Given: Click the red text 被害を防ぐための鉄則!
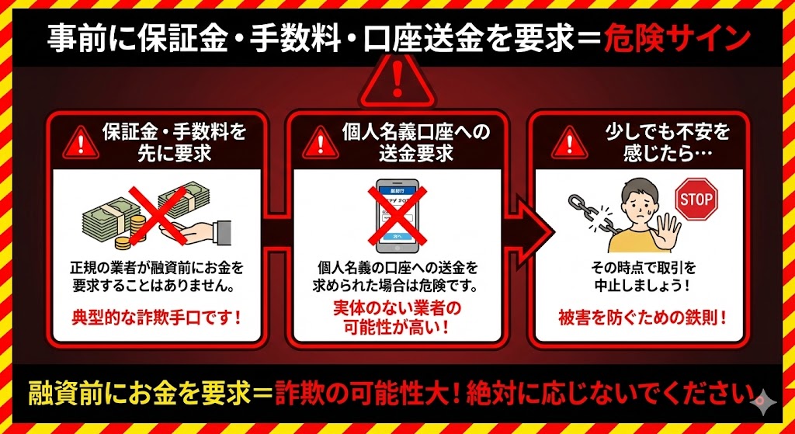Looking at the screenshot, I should coord(643,316).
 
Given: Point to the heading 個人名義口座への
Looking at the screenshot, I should coord(417,132).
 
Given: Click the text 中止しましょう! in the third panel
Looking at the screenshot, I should coord(643,285).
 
